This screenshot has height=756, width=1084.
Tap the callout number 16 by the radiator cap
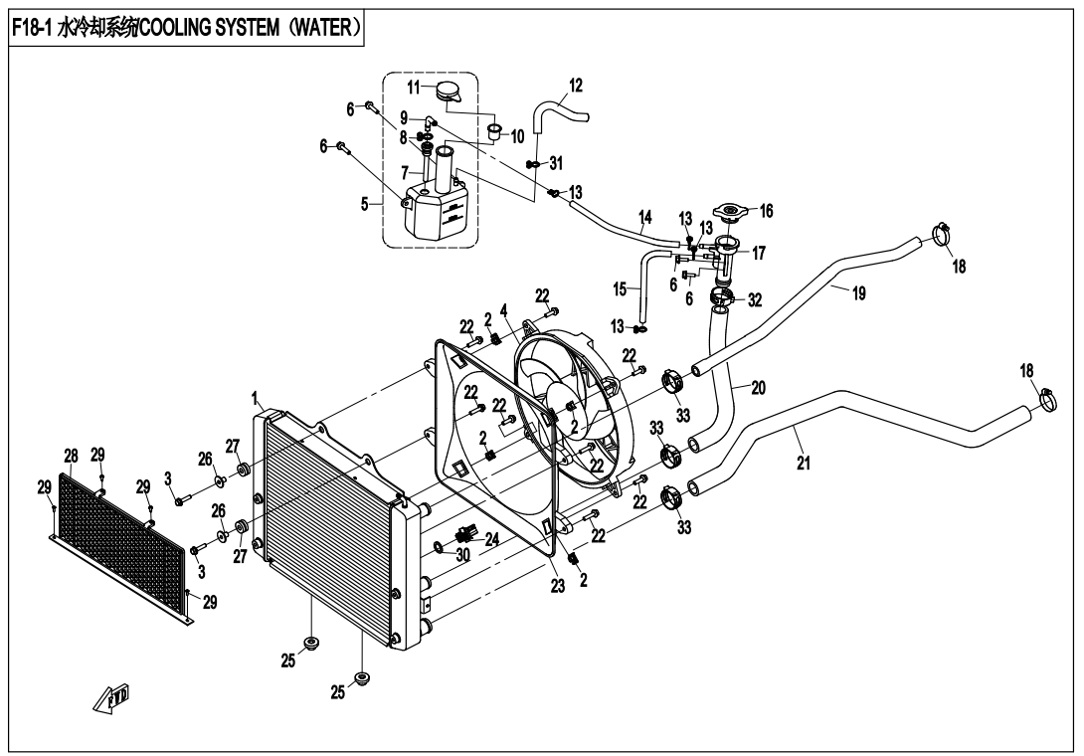click(766, 211)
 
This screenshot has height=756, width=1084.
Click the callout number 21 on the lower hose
click(803, 463)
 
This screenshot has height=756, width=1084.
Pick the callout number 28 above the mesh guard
click(71, 456)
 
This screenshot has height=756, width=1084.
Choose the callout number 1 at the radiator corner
click(256, 398)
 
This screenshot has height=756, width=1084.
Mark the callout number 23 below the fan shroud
click(558, 587)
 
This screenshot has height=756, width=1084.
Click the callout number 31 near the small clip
click(555, 162)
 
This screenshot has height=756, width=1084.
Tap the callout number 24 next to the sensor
click(490, 539)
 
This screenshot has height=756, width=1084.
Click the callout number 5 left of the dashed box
click(365, 204)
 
